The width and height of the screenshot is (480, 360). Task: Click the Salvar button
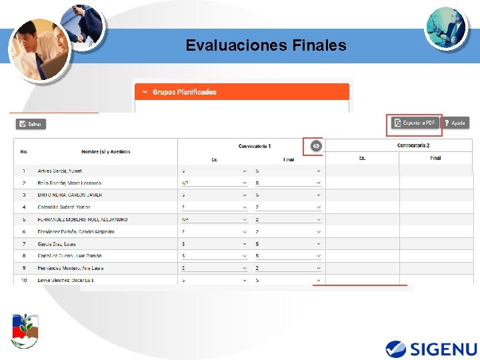[x=31, y=124]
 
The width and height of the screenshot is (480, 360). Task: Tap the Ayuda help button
[x=456, y=123]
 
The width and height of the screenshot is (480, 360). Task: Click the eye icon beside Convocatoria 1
[x=316, y=146]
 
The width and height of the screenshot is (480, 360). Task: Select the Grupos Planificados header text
[x=185, y=92]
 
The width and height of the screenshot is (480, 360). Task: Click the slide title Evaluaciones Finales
[x=266, y=45]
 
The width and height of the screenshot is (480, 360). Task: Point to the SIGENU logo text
[x=443, y=349]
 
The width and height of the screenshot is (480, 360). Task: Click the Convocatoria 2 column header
[x=413, y=145]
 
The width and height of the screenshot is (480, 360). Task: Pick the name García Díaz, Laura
[x=57, y=244]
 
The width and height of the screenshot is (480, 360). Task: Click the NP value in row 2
[x=185, y=183]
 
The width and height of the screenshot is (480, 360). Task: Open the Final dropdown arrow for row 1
[x=319, y=171]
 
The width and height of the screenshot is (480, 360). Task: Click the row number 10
[x=23, y=280]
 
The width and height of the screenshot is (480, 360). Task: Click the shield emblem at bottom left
[x=25, y=331]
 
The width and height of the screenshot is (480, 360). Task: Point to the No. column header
[x=23, y=152]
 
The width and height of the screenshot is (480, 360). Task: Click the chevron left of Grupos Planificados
[x=143, y=92]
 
